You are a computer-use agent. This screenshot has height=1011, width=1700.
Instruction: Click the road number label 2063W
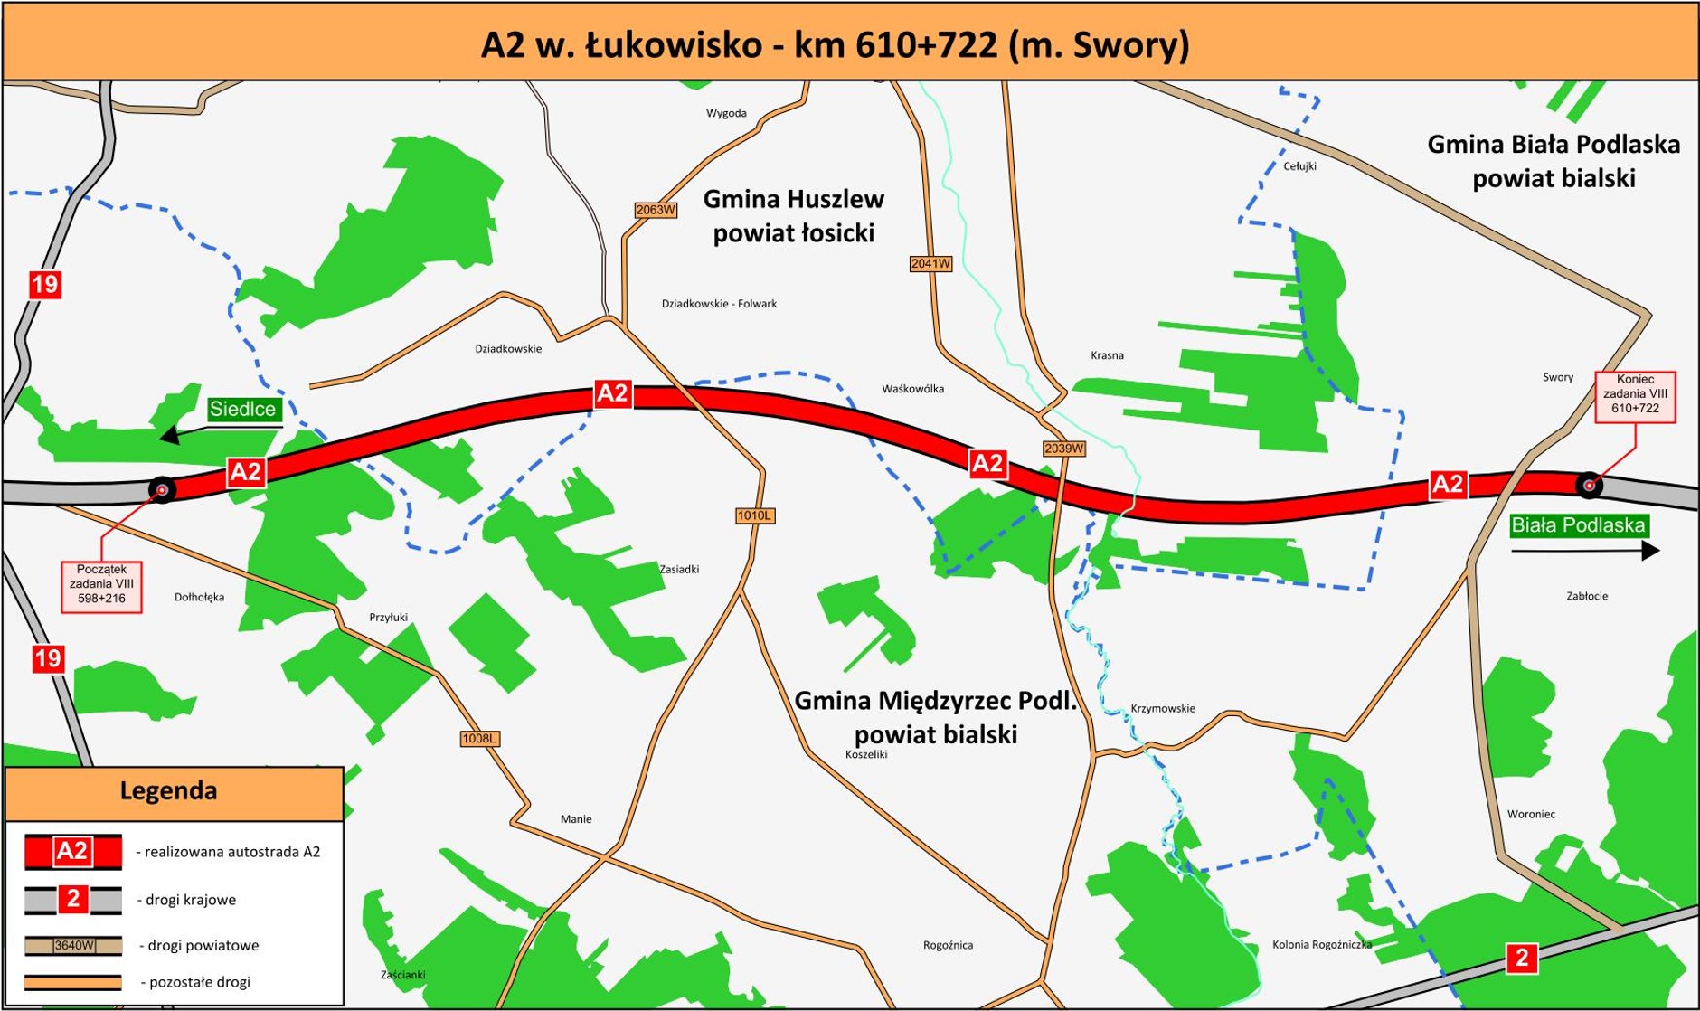tap(656, 210)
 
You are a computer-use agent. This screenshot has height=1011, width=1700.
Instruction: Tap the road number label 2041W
tap(930, 263)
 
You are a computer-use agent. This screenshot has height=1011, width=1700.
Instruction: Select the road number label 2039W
tap(1063, 449)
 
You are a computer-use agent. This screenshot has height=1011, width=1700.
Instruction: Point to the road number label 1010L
tap(754, 515)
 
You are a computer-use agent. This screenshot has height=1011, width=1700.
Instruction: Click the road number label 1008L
tap(479, 739)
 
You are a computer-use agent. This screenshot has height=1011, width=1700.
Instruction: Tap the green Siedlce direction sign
tap(242, 409)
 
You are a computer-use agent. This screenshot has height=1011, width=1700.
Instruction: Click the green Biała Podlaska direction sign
tap(1578, 525)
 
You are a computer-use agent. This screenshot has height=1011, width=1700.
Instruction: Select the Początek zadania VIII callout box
tap(101, 585)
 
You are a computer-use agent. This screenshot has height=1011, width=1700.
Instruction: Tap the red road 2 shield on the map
tap(1521, 958)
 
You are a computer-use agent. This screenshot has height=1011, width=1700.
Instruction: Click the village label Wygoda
tap(726, 113)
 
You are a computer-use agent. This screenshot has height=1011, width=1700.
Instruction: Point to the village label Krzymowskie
tap(1163, 708)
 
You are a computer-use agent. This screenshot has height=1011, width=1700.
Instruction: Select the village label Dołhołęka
tap(199, 597)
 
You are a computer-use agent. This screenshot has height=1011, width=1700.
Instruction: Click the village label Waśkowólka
tap(912, 389)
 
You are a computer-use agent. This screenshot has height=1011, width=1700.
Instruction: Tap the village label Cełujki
tap(1299, 166)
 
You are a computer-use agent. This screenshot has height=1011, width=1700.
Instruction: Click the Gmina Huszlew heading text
tap(793, 199)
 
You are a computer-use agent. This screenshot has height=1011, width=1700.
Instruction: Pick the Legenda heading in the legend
tap(169, 791)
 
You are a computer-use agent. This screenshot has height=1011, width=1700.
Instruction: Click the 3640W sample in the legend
tap(74, 946)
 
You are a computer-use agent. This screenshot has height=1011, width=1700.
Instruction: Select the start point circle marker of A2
tap(162, 490)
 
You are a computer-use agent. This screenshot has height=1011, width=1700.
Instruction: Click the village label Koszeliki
tap(866, 754)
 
